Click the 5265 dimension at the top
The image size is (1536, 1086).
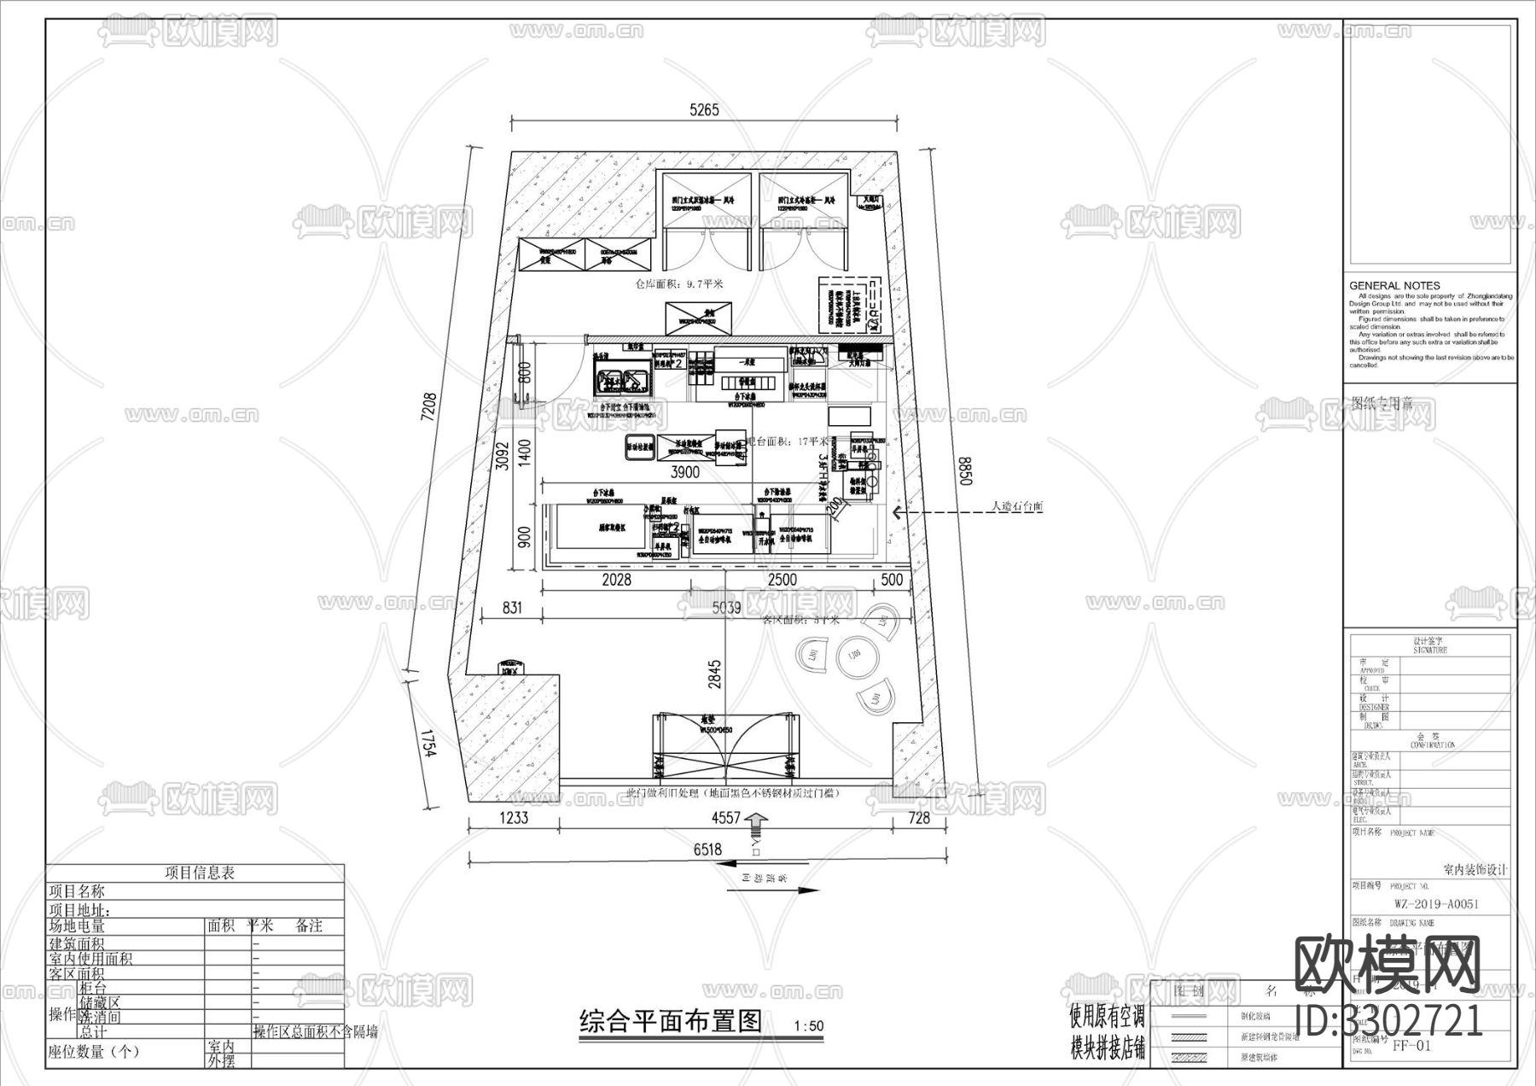pos(704,109)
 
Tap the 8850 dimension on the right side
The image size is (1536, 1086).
pos(965,470)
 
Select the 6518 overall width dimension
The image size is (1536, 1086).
pos(707,849)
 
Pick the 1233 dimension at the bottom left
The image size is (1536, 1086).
pos(513,817)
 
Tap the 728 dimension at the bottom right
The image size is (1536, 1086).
pos(919,817)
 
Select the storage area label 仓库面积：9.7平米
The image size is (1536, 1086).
pos(678,283)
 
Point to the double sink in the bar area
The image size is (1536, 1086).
pos(621,377)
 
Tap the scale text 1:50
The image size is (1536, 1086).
pos(808,1026)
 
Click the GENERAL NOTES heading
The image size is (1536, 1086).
pos(1394,285)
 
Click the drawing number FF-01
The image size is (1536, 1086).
pos(1411,1045)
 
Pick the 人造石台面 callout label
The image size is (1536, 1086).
pos(1016,506)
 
